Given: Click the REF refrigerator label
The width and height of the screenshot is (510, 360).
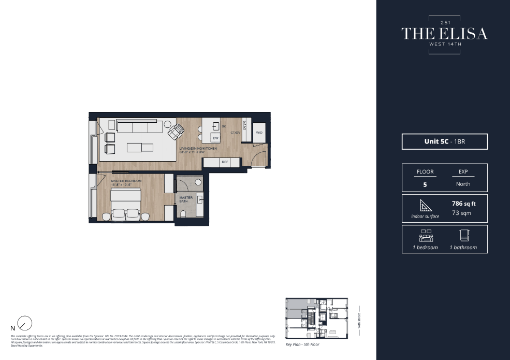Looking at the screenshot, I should [225, 163].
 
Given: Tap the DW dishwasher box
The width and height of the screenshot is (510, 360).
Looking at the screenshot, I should [215, 138].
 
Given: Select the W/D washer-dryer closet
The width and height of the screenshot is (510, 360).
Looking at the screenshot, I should [259, 133].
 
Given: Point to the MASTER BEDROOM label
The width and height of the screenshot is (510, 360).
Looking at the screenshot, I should [126, 181].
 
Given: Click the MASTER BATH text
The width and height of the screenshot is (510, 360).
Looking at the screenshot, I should [186, 199].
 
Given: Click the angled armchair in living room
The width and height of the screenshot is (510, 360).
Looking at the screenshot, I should [176, 132].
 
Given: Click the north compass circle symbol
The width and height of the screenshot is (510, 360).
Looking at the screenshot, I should [24, 324].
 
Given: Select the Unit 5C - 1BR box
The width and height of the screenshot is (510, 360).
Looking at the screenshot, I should [444, 141].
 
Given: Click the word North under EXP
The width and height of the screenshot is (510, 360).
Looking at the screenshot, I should [463, 184].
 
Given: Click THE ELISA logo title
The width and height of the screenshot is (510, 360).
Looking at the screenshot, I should [444, 34].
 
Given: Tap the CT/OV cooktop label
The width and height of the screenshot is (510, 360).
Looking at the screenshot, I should [236, 133].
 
